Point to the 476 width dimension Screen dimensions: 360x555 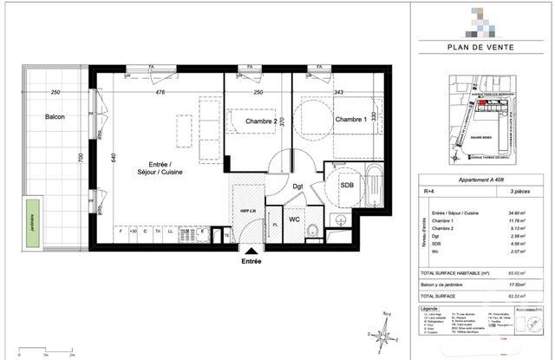click(160, 93)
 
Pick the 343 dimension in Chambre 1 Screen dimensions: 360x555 click(339, 93)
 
